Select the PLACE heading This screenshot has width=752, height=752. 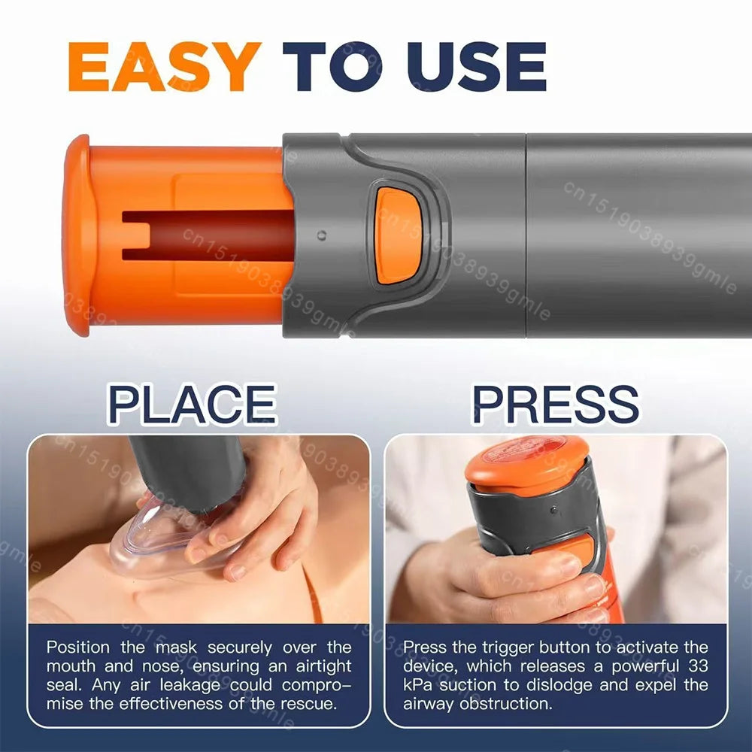tap(192, 404)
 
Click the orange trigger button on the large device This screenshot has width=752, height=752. tap(399, 235)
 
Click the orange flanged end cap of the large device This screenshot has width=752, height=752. tap(78, 235)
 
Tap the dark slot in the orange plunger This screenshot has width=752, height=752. tap(207, 235)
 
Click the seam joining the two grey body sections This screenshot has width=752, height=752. tap(526, 235)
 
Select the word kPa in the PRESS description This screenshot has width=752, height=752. tap(417, 684)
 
